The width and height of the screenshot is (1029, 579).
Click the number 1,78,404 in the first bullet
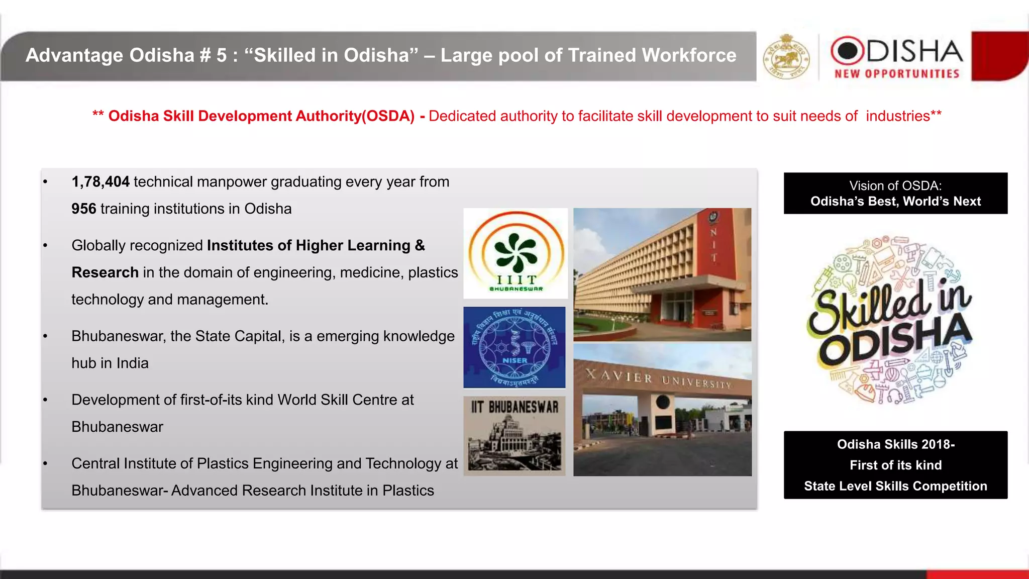coord(100,182)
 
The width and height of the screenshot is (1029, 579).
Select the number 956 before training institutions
coord(83,209)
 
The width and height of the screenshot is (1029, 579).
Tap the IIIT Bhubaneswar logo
coord(516,253)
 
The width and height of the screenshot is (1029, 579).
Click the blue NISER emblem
coord(514,347)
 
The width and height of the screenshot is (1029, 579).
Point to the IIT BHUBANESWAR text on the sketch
coord(514,407)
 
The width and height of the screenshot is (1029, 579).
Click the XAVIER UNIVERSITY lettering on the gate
coord(658,379)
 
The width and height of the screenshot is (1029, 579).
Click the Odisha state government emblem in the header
coord(786,57)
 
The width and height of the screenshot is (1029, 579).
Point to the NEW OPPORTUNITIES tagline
coord(897,74)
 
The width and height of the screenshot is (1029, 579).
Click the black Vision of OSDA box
coord(895,194)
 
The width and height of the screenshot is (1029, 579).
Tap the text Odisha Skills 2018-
coord(895,444)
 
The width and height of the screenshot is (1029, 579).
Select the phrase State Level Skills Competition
coord(895,486)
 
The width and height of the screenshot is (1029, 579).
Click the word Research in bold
coord(105,272)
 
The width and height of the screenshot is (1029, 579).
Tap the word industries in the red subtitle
coord(898,116)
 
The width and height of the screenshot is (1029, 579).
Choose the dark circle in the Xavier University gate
coord(663,402)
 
